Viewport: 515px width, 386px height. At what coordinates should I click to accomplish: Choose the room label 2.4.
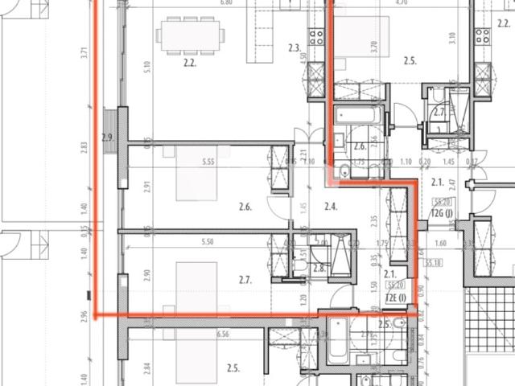(330, 207)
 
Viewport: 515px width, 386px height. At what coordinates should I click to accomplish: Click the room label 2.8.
(318, 269)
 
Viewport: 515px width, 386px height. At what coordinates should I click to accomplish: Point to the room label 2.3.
(295, 48)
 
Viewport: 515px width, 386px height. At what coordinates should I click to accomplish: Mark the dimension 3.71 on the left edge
(83, 54)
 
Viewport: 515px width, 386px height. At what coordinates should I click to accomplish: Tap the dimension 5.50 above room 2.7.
(207, 241)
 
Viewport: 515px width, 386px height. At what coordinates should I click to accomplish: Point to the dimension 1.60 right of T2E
(439, 243)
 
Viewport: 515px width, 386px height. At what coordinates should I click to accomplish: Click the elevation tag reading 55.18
(435, 262)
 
